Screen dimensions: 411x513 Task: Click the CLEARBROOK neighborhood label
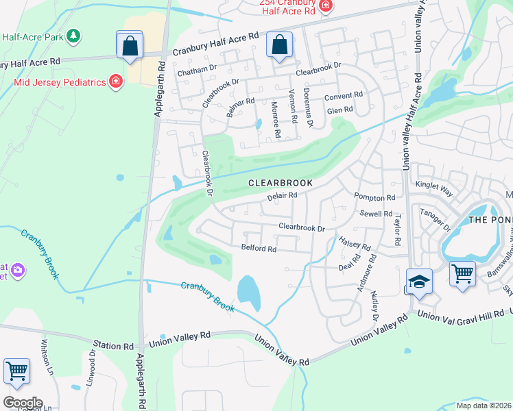[x=280, y=184]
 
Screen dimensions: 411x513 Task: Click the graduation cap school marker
[x=419, y=282]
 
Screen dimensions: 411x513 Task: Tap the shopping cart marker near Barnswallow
[x=463, y=274]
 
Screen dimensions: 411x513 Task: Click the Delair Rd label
[x=281, y=196]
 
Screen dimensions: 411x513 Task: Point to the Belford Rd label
[x=259, y=249]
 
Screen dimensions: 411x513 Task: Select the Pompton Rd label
[x=374, y=198]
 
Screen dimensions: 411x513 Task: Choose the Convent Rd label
[x=344, y=96]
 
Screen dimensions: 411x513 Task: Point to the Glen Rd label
[x=339, y=110]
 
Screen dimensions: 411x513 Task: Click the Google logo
[x=22, y=402]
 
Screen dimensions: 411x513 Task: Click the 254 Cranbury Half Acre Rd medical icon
[x=326, y=7]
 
